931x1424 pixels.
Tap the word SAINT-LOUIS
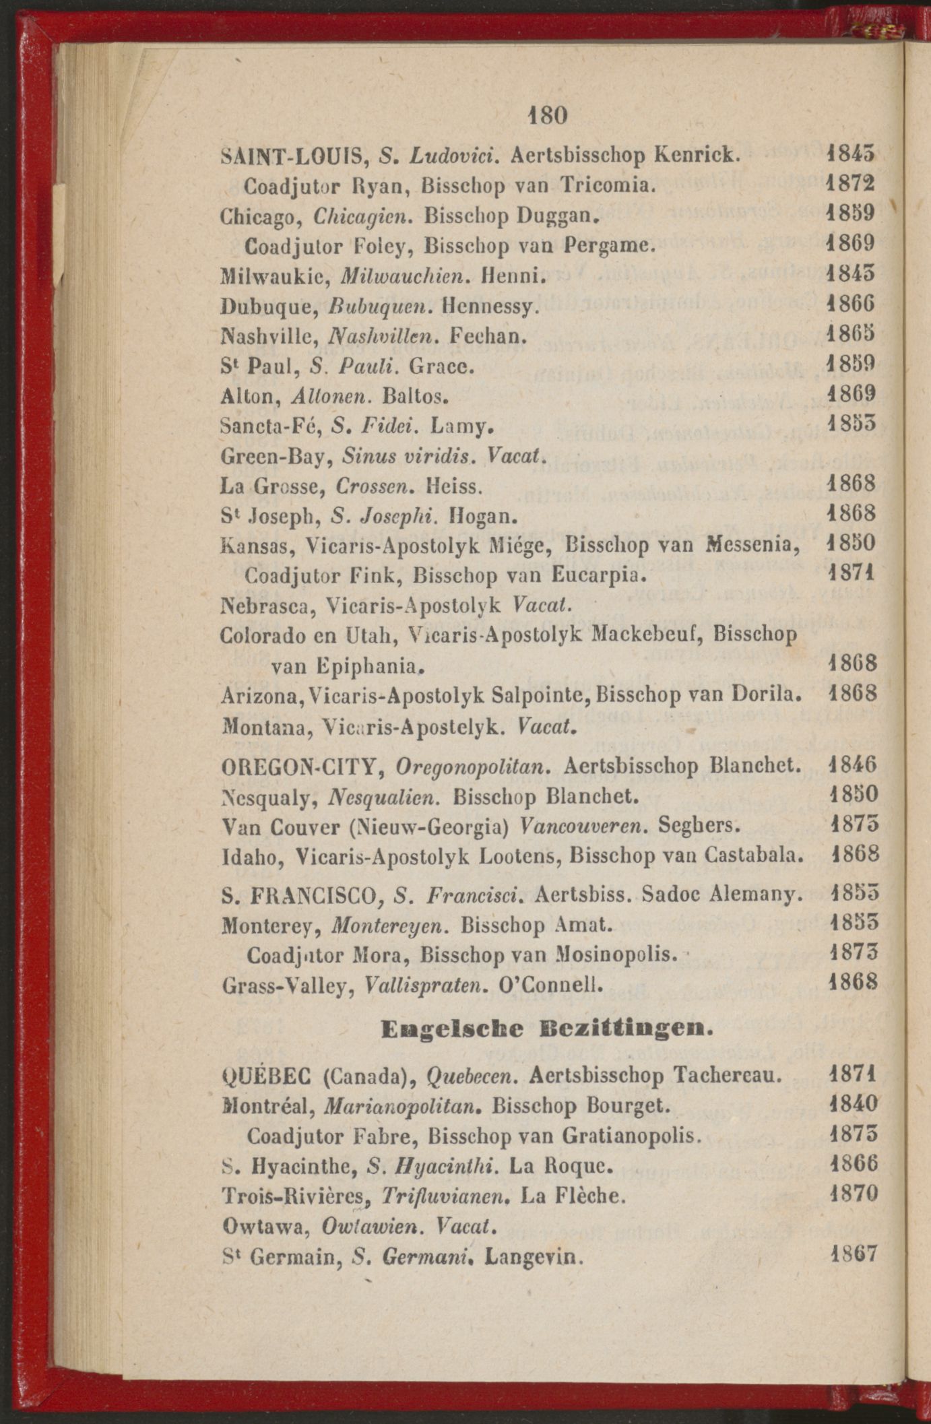[292, 156]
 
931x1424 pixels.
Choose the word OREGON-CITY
[302, 767]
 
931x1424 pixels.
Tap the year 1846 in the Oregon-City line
[852, 766]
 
